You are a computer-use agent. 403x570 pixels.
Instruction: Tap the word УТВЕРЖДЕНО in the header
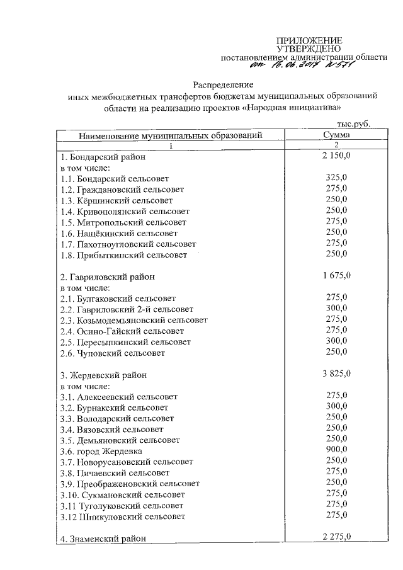[309, 48]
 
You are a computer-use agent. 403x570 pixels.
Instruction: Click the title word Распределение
[222, 84]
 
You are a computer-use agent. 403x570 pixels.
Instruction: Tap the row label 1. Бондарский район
[103, 157]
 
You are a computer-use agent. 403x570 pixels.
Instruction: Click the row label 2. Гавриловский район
[107, 276]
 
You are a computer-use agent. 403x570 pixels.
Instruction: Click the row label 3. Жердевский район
[103, 375]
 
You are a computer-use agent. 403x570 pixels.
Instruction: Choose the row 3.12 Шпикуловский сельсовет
[123, 516]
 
